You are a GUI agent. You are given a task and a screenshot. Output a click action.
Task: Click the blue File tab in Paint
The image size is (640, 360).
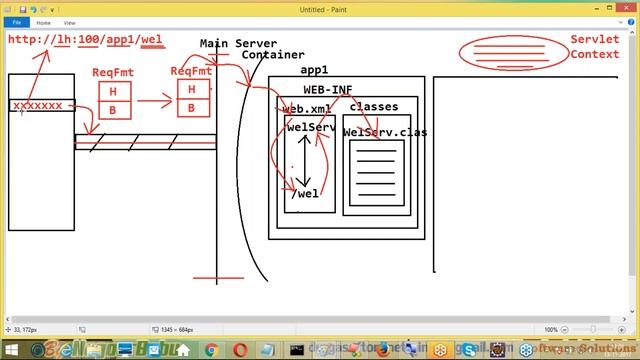pos(17,21)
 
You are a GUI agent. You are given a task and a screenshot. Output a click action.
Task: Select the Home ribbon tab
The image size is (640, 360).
pos(44,21)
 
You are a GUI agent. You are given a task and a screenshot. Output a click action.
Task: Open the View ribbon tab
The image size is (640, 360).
pos(69,21)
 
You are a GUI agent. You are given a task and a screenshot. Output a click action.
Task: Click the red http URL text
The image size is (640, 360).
pos(85,40)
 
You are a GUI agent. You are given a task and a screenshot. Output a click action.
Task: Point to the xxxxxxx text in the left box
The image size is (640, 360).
pos(37,105)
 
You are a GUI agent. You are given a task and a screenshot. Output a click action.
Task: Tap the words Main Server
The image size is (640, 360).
pos(238,44)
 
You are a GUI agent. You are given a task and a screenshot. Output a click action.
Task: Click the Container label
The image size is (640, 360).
pos(273,56)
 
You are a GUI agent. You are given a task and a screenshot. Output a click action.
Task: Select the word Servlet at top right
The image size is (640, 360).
pos(594,39)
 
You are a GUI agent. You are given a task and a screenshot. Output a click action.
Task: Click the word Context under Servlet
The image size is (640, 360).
pos(594,54)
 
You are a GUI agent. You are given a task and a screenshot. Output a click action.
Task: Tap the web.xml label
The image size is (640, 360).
pos(306,108)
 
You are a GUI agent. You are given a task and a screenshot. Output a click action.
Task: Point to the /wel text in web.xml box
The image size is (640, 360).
pos(306,194)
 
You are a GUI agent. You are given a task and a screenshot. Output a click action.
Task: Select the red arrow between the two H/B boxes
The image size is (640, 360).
pos(155,100)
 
